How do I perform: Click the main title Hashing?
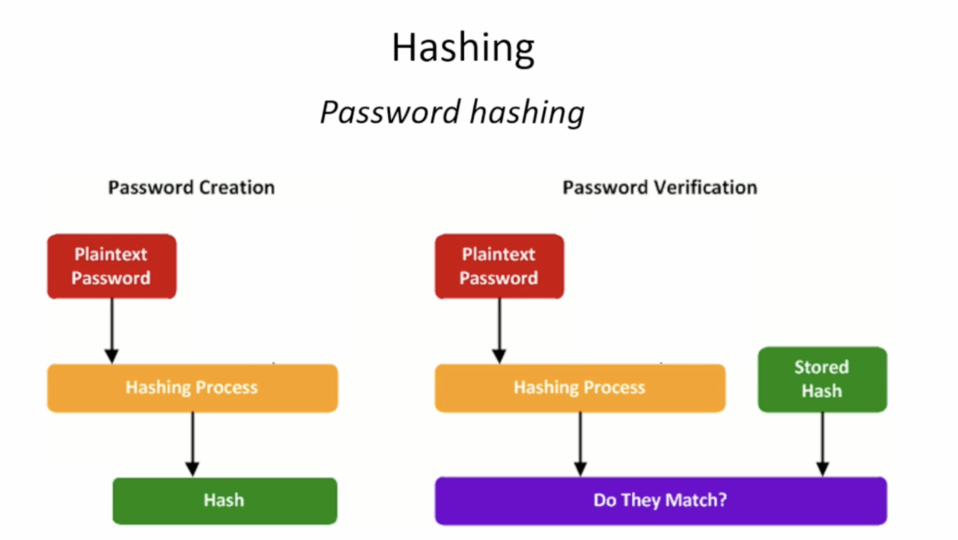463,49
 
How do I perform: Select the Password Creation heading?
191,188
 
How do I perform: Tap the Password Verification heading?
660,188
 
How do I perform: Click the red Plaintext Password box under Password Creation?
112,266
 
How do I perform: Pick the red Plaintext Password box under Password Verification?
499,266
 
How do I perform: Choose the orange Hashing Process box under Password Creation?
193,388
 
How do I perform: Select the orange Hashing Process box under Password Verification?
580,388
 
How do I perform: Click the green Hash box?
225,501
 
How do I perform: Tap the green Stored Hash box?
822,379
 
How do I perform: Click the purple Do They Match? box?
661,501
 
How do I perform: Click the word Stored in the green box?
821,367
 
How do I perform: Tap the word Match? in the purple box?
696,500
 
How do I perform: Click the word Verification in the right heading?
706,187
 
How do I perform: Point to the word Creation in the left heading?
237,187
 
